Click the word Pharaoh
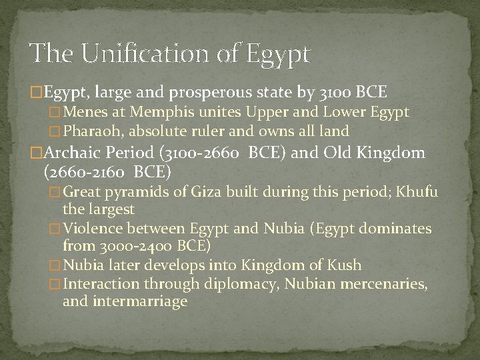[93, 131]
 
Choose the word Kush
[346, 265]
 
